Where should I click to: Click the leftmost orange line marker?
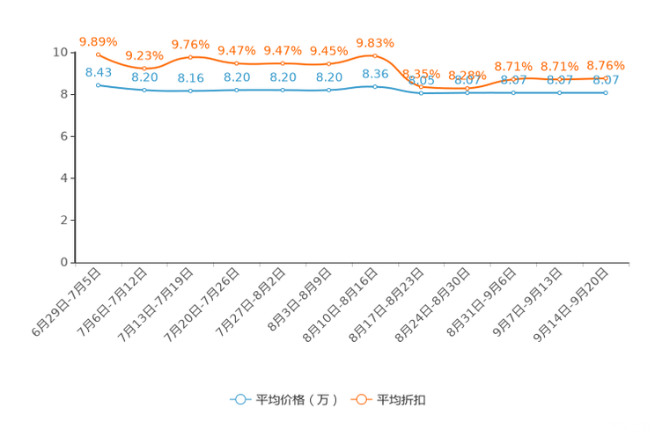(x=98, y=54)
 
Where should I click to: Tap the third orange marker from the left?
(x=190, y=57)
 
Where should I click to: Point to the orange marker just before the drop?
(x=375, y=55)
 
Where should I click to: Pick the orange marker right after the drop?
(x=421, y=85)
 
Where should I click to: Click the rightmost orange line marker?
(x=606, y=77)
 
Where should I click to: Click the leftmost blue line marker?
(x=98, y=84)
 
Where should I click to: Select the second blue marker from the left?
(x=144, y=90)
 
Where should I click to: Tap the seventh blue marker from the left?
(x=375, y=86)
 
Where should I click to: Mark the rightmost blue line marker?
(x=606, y=91)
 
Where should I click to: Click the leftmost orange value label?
(x=98, y=40)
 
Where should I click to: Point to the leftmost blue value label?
(x=98, y=71)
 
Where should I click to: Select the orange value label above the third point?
(x=190, y=44)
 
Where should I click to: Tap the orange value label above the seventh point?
(x=375, y=41)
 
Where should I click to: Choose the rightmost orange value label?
(x=606, y=64)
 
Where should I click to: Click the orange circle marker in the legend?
(x=361, y=399)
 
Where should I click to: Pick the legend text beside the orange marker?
(x=402, y=400)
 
